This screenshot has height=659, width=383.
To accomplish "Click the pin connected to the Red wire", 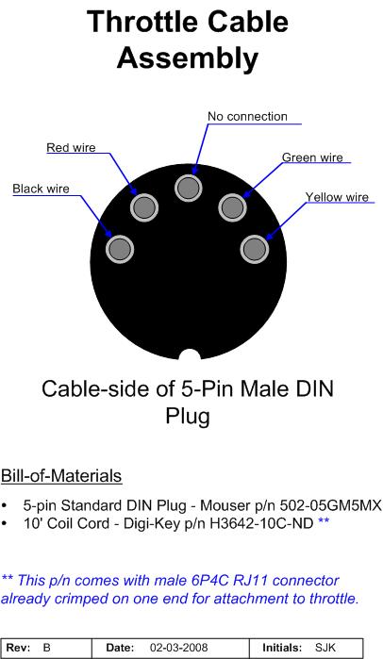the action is coord(144,207).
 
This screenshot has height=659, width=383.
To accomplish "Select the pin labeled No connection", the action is coord(189,188).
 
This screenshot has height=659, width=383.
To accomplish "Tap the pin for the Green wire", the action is coord(232,206).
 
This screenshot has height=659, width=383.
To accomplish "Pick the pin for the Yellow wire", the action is coord(255,249).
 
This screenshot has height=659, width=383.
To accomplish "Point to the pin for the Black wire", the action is coord(120,249).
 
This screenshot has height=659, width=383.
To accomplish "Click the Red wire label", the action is coord(71,147).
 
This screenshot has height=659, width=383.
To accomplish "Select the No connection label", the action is coord(247,116).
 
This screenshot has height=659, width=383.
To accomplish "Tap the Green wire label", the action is coord(312,157).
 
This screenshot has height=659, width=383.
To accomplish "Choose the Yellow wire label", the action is coord(337,197).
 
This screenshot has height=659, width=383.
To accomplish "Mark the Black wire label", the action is coord(41,189).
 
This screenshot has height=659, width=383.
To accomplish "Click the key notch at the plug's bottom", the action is coord(190,355).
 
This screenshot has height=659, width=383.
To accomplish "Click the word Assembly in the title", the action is coord(188,58).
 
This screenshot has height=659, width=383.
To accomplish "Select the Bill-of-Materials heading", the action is coord(61,476).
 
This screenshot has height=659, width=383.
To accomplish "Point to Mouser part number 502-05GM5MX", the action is coord(331,505).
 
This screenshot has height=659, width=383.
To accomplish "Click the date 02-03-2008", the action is coord(178,648).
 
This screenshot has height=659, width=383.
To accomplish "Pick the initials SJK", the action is coord(325,648).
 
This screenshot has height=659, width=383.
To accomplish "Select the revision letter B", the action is coord(46,648).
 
